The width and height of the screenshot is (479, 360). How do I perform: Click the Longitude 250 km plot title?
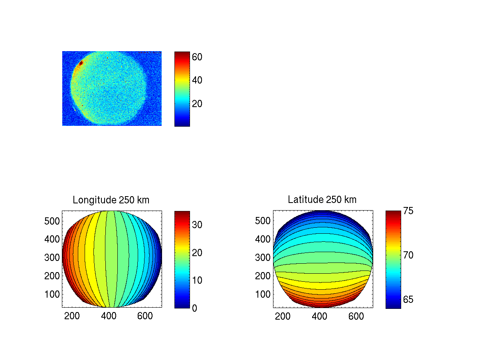click(111, 200)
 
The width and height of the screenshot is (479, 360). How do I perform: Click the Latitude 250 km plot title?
click(322, 200)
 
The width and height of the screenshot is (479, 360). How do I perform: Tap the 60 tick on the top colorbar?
click(197, 57)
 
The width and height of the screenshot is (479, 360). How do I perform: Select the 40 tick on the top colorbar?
click(197, 80)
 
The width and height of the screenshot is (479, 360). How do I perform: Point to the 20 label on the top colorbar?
click(197, 104)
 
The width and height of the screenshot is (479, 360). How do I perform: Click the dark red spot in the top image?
click(80, 63)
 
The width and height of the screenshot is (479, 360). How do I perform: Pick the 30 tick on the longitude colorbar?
click(197, 225)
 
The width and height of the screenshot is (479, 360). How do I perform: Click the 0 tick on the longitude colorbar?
click(194, 308)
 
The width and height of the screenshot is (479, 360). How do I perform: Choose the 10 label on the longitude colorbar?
click(197, 280)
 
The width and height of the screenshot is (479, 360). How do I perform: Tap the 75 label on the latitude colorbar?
click(408, 211)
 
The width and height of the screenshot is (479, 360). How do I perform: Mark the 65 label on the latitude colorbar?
click(408, 300)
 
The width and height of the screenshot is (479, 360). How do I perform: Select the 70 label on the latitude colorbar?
click(408, 255)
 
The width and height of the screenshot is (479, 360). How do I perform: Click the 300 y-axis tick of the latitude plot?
click(263, 257)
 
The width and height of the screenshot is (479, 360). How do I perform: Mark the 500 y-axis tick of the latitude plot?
click(263, 221)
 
